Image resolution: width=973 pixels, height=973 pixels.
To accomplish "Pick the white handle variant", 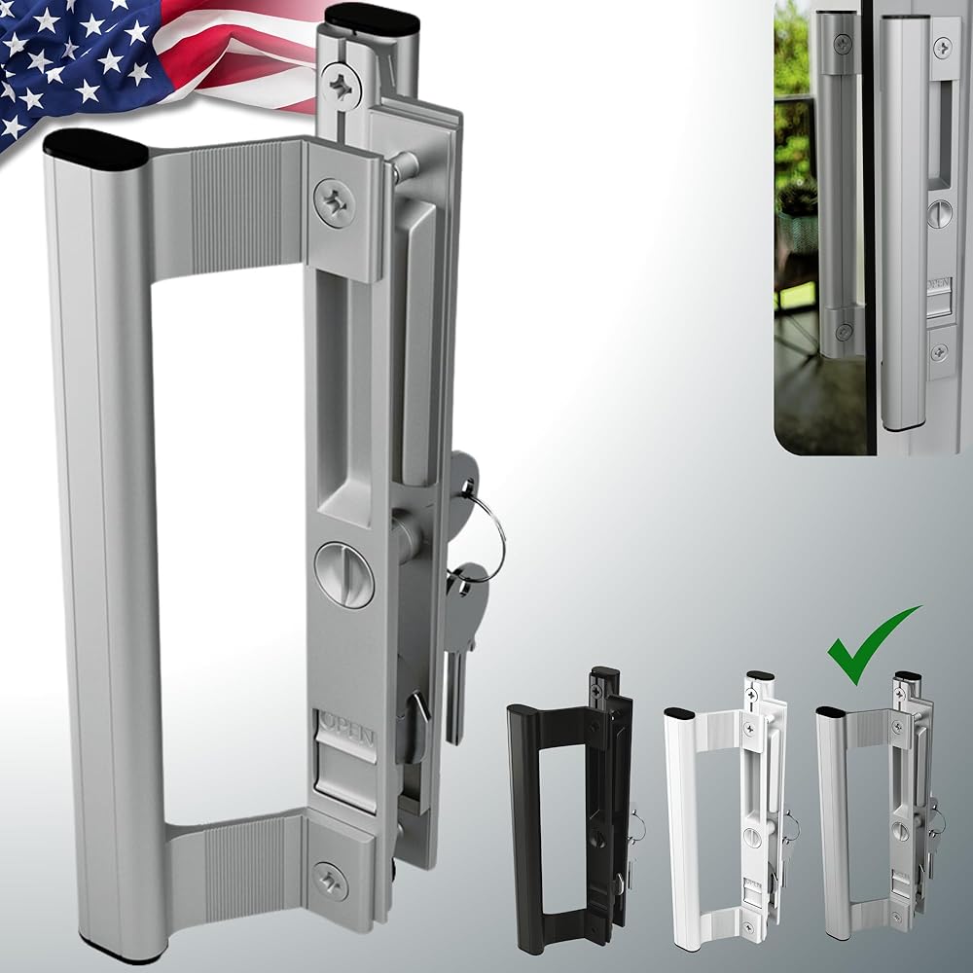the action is click(x=727, y=811).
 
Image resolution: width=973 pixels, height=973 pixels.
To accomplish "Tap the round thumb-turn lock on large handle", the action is click(x=343, y=574).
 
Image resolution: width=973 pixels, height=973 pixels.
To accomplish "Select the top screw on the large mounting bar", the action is click(x=341, y=87).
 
